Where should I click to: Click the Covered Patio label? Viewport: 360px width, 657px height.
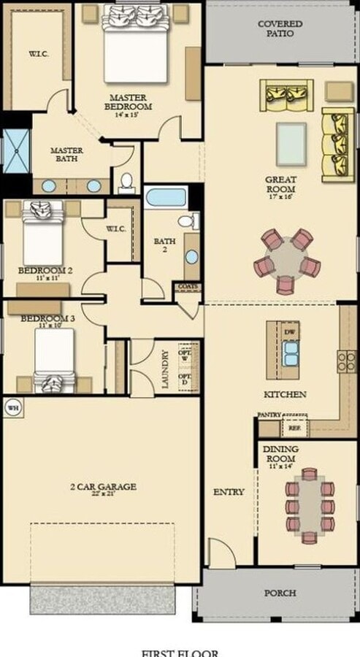281,28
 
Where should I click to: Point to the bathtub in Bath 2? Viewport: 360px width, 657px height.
166,197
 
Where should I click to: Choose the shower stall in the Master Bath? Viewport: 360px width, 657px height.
15,151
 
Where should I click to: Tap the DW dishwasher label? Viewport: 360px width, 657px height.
291,331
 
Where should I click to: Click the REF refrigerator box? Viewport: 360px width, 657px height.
295,429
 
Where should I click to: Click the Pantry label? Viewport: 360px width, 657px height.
269,414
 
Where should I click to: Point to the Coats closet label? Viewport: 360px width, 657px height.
186,287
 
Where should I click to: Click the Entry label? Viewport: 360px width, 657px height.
229,492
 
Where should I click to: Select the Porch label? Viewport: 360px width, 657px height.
280,593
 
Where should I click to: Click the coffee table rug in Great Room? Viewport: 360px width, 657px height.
291,143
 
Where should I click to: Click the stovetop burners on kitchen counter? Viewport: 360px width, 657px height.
345,361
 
